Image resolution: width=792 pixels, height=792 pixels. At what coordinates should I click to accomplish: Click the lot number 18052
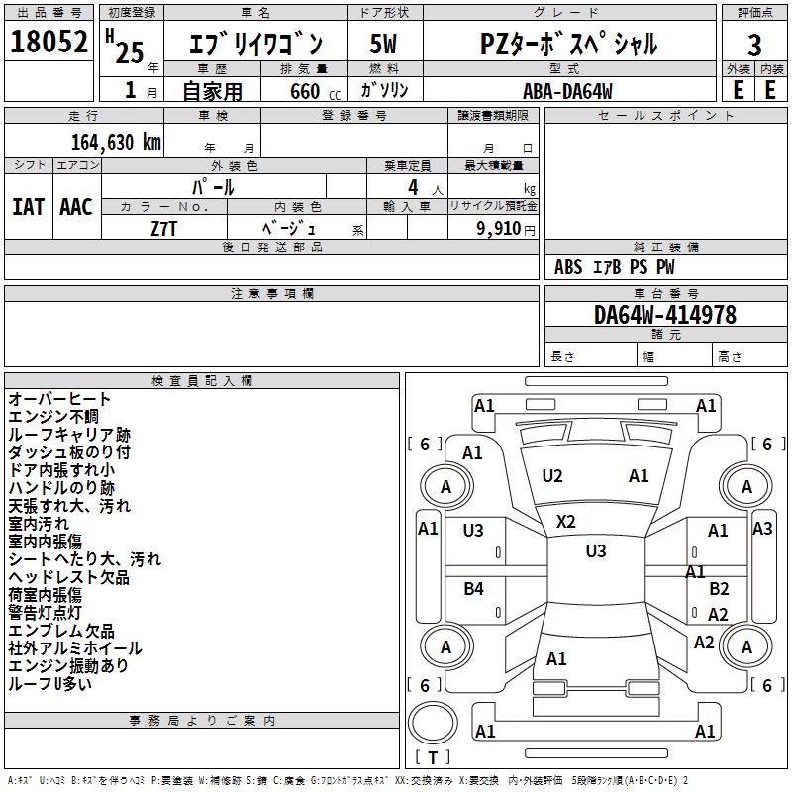pos(49,43)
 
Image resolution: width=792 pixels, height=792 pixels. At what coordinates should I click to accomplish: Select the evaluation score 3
pos(754,45)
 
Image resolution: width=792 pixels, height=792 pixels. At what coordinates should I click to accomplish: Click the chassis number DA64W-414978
pos(664,315)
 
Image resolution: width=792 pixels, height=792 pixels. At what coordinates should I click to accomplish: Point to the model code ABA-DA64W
pos(567,90)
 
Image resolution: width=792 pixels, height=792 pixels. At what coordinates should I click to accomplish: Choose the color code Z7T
pos(164,227)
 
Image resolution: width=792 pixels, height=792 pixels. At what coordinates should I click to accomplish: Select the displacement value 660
pos(305,91)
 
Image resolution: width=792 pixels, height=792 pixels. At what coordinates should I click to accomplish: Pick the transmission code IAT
pos(28,207)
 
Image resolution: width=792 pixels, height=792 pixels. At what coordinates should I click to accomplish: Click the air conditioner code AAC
pos(76,207)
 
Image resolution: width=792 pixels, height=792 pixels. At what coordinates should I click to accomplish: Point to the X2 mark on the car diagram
pos(566,521)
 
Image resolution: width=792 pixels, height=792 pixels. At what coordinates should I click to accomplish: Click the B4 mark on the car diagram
pos(474,589)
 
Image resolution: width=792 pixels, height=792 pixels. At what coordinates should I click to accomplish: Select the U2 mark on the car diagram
pos(552,476)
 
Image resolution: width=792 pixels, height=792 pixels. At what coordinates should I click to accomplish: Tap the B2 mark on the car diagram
pos(719,589)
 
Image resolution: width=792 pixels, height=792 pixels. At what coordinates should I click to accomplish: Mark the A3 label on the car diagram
pos(762,528)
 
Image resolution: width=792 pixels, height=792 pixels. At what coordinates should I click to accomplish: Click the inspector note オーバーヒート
pos(59,399)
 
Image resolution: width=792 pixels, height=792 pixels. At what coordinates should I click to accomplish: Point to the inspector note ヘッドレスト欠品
pos(68,577)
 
